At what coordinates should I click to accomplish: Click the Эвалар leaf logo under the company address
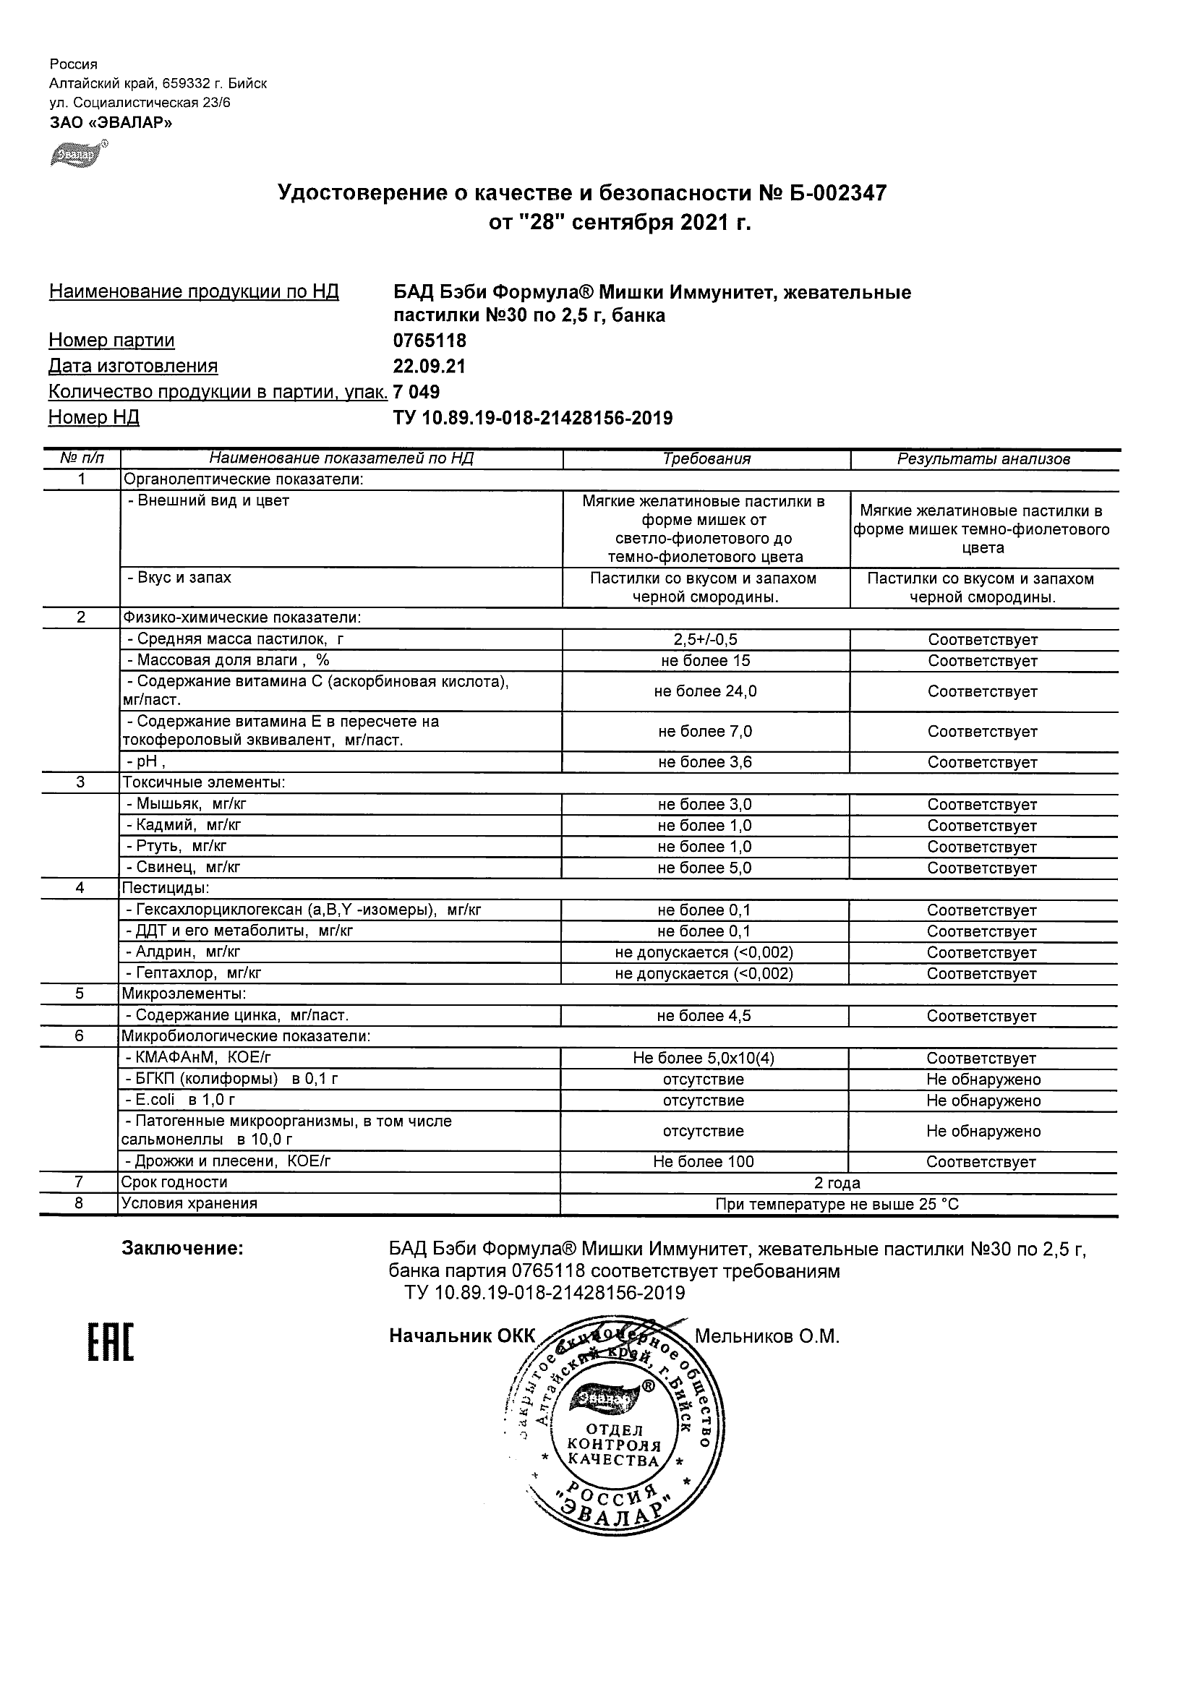(77, 154)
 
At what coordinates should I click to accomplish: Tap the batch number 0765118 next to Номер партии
(430, 341)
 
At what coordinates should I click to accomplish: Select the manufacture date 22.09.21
(429, 367)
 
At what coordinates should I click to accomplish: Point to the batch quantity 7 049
(417, 392)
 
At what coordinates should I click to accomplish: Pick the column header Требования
(706, 459)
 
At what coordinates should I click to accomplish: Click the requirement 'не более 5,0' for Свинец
(704, 868)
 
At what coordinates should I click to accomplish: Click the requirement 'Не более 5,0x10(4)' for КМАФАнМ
(704, 1059)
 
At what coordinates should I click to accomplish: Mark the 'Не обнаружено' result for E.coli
(983, 1101)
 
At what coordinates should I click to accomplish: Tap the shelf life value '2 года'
(837, 1184)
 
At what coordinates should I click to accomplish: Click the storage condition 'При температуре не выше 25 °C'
(837, 1205)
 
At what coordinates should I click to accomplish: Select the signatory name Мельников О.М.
(767, 1337)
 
